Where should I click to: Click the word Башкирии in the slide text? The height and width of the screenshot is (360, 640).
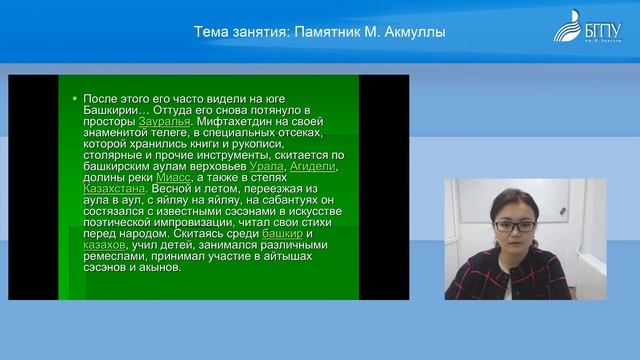tap(112, 109)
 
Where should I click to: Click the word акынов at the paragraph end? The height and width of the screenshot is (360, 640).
tap(158, 267)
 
